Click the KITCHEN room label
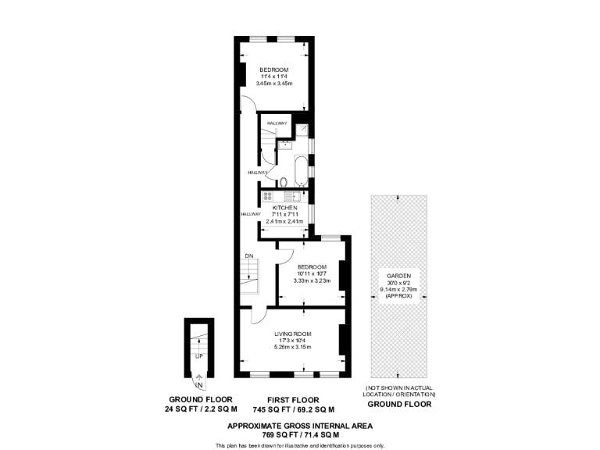[284, 207]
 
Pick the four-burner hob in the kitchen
[266, 195]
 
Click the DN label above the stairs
[248, 256]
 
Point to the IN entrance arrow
[198, 381]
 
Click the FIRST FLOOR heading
[293, 398]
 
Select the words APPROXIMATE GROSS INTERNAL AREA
[299, 425]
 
